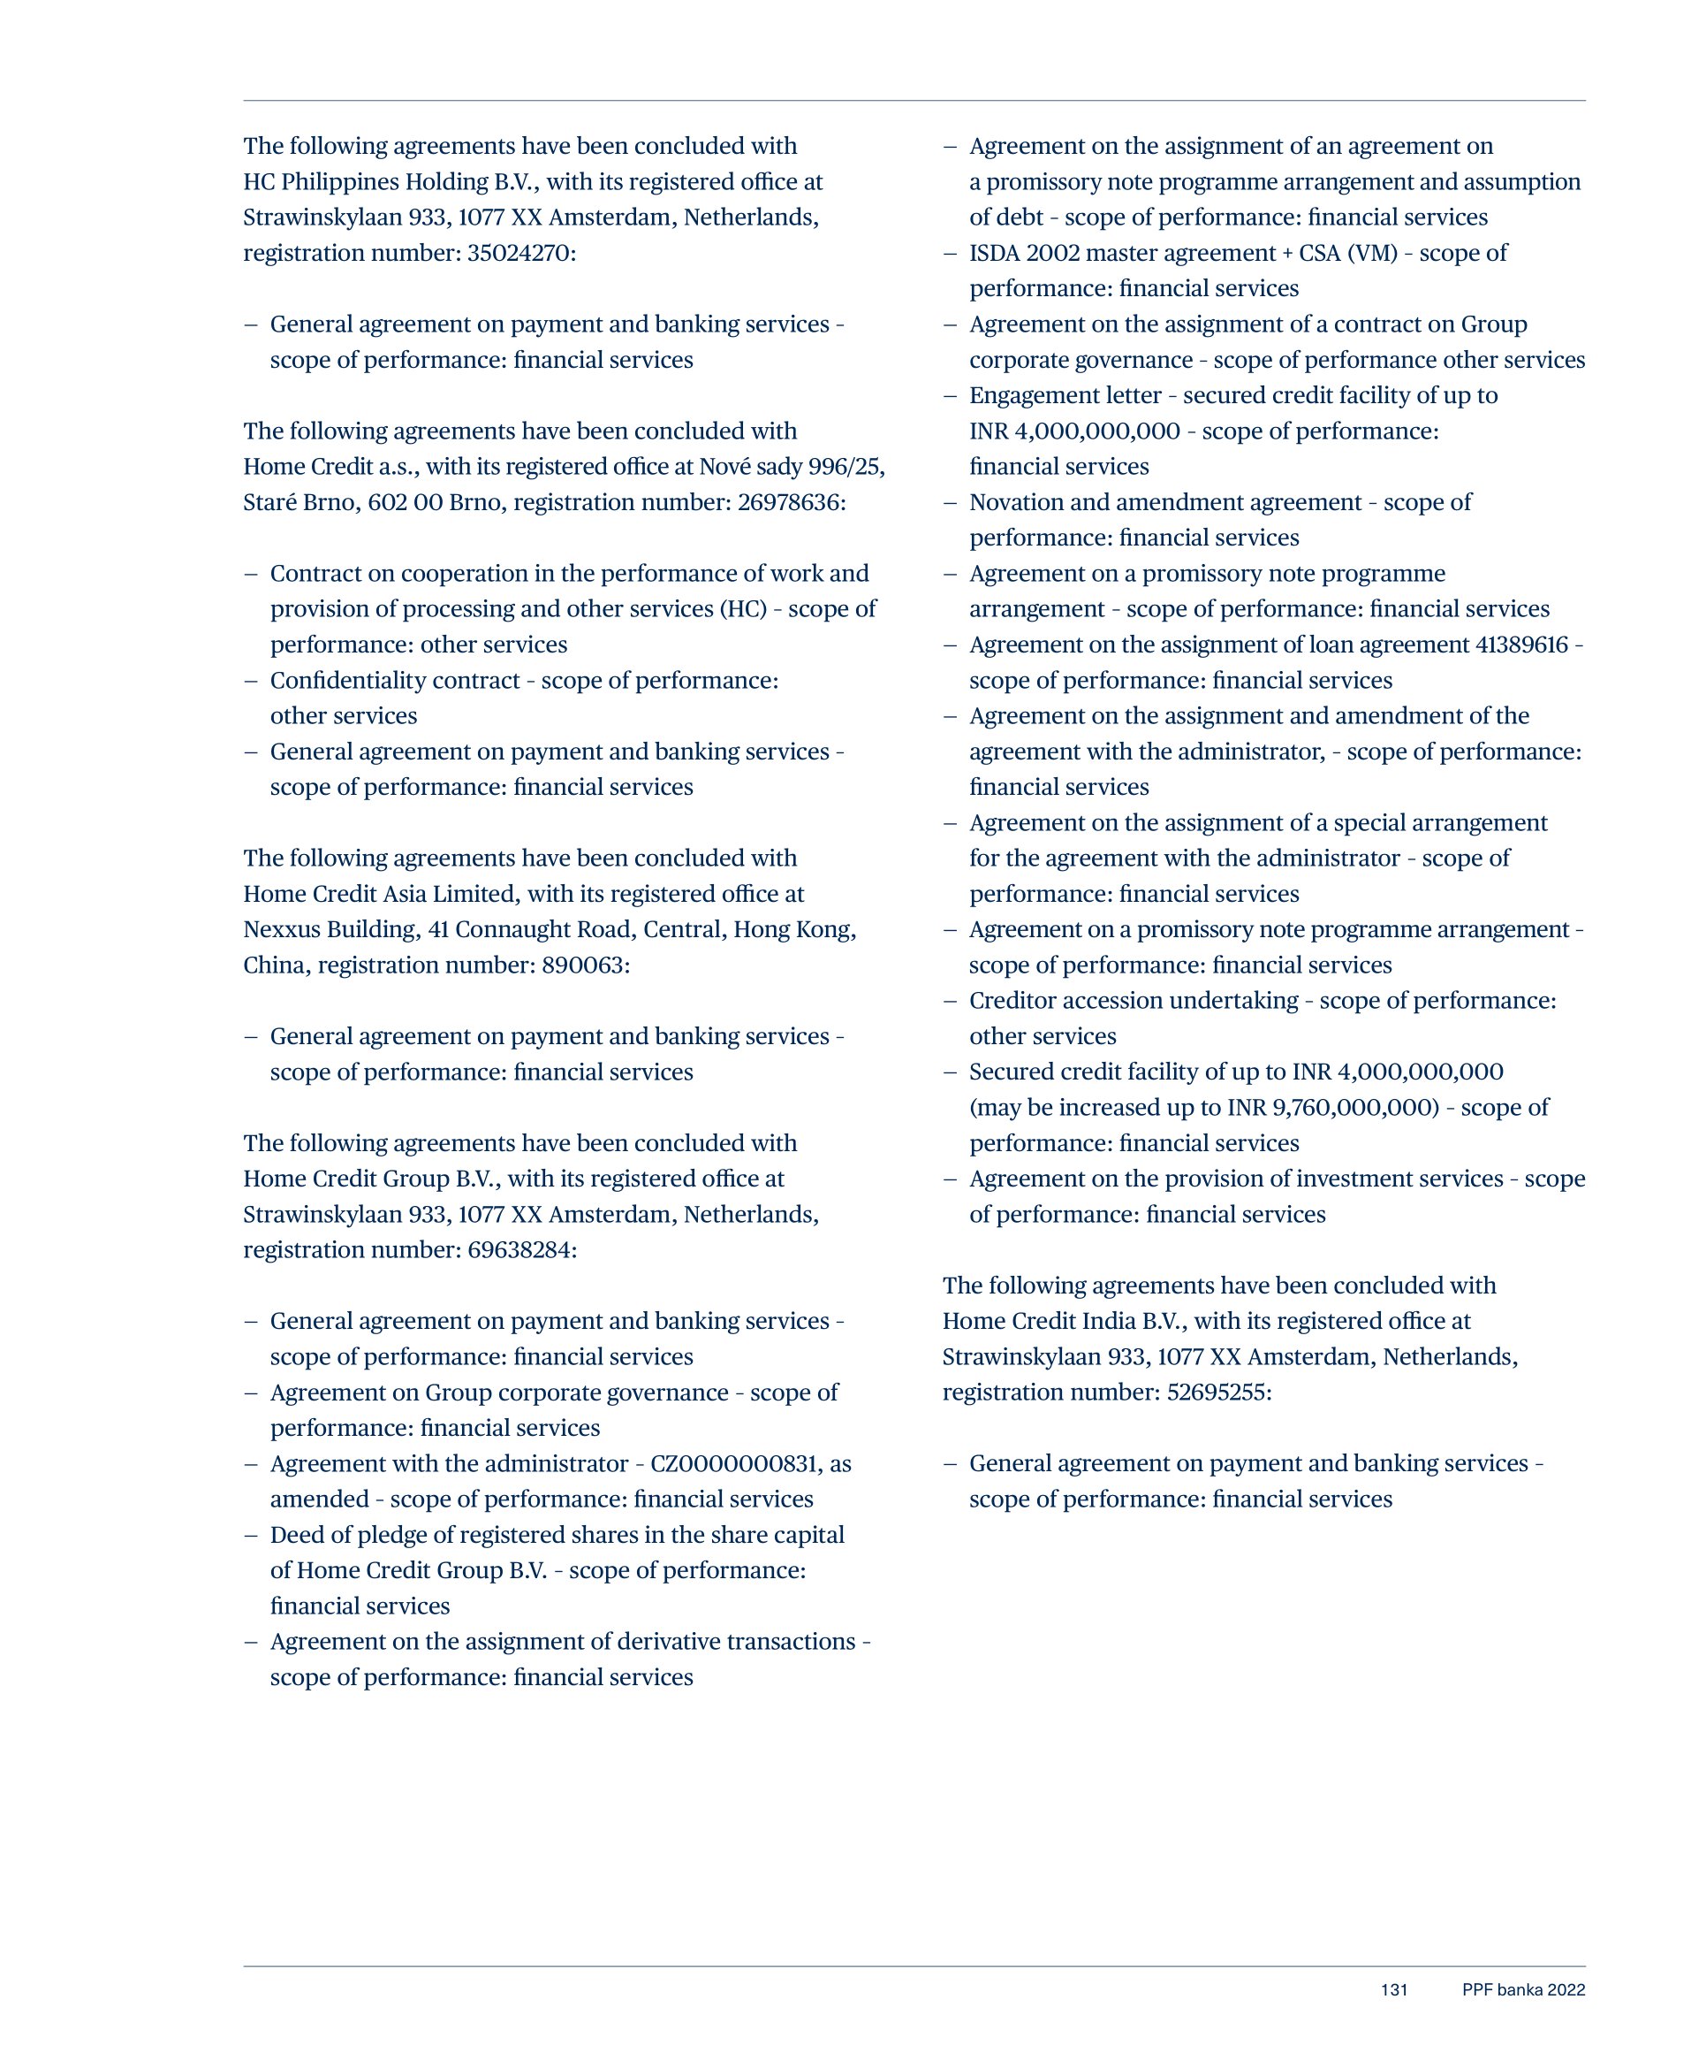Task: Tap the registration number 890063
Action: click(x=590, y=965)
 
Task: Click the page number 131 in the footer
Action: click(x=1394, y=1990)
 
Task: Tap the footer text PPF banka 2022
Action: click(x=1523, y=1990)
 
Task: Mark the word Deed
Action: click(x=296, y=1535)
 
